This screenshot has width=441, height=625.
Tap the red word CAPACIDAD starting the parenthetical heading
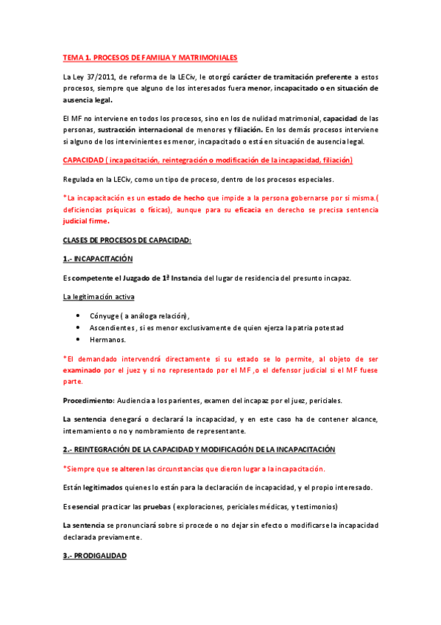point(83,160)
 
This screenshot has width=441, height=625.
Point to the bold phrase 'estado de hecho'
point(173,198)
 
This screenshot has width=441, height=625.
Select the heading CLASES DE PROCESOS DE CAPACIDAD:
point(127,240)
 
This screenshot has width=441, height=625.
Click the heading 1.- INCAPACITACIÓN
point(97,259)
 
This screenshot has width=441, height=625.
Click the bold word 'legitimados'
point(102,487)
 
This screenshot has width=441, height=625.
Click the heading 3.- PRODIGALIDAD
point(95,556)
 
